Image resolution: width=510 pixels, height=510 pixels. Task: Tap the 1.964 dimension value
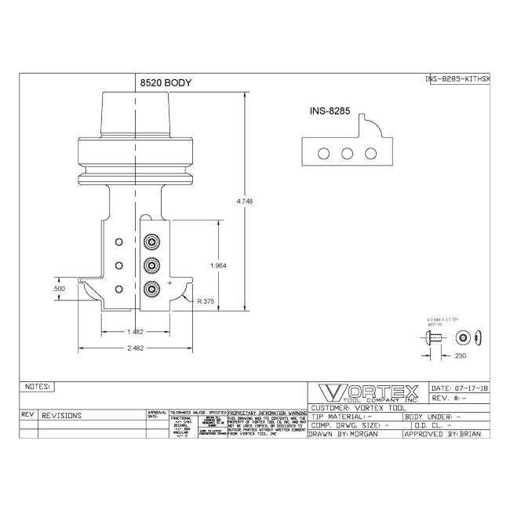pyautogui.click(x=219, y=266)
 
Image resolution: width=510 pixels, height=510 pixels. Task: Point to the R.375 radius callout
pyautogui.click(x=208, y=301)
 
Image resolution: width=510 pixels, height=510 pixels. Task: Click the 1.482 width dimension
pyautogui.click(x=134, y=333)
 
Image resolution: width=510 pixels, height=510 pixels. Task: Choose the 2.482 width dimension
pyautogui.click(x=134, y=350)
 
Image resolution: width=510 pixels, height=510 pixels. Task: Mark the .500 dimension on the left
pyautogui.click(x=58, y=289)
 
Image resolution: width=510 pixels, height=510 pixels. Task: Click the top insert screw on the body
pyautogui.click(x=152, y=240)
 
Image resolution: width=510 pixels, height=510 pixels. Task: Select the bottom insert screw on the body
pyautogui.click(x=152, y=288)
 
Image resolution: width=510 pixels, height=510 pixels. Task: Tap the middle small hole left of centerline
pyautogui.click(x=119, y=264)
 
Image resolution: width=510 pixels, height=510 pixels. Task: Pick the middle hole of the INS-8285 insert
pyautogui.click(x=346, y=154)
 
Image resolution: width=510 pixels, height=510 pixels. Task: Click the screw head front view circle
pyautogui.click(x=463, y=337)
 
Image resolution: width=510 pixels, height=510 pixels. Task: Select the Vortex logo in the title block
pyautogui.click(x=367, y=394)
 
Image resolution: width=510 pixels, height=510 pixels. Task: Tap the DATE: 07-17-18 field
pyautogui.click(x=461, y=388)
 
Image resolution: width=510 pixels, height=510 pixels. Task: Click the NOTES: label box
pyautogui.click(x=38, y=386)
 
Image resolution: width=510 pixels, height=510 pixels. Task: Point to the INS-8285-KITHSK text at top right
pyautogui.click(x=457, y=78)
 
